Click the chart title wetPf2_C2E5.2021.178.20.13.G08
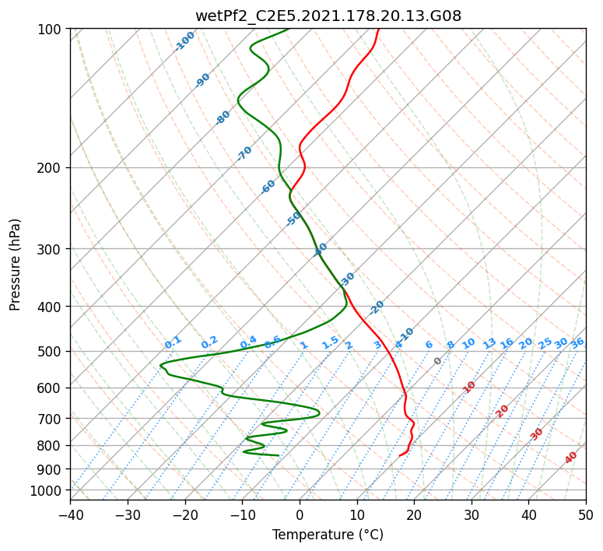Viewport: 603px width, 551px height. pos(328,16)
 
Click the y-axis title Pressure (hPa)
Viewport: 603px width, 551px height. pos(15,265)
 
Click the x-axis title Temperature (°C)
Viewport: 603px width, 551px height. pos(328,535)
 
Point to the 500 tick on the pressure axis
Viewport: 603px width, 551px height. pos(51,351)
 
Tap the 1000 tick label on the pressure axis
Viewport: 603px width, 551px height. pos(47,490)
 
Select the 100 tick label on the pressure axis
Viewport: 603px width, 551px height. pos(51,30)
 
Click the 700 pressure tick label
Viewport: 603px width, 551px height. pos(51,419)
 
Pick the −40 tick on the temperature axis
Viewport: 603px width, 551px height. pos(70,515)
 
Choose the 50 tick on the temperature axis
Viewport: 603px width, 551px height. pos(586,515)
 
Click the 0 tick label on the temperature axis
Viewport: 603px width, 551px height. pos(300,515)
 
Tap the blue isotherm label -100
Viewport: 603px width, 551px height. pos(184,41)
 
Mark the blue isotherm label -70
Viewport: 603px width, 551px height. pos(244,153)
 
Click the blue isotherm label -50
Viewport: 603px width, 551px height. pos(293,219)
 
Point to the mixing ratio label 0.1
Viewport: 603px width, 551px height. pos(173,342)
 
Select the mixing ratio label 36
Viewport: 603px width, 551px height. pos(577,343)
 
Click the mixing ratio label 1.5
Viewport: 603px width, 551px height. pos(331,342)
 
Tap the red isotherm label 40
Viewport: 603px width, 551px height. pos(571,458)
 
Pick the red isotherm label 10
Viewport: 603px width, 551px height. pos(469,387)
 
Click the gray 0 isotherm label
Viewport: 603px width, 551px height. pos(437,361)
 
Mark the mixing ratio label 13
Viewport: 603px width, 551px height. pos(489,343)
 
